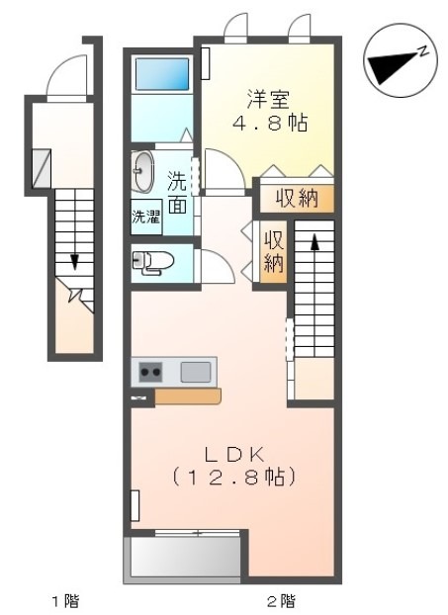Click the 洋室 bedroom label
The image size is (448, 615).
coord(268,100)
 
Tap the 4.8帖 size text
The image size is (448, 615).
coord(270,123)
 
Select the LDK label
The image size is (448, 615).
coord(233,455)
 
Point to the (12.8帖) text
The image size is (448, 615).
coord(233,477)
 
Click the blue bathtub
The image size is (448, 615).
coord(162,74)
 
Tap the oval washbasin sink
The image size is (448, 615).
coord(142,172)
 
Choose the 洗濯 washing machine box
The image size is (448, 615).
coord(146,218)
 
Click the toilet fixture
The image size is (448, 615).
coord(152,261)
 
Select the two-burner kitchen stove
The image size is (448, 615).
coord(151,372)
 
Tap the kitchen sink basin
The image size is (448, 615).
coord(196,372)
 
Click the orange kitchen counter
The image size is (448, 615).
coord(188,396)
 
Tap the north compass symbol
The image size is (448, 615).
coord(401,60)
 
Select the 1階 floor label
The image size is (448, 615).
coord(66,600)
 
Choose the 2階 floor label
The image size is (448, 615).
coord(282,600)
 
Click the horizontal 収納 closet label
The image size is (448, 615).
coord(297,198)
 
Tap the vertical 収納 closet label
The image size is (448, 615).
coord(273,252)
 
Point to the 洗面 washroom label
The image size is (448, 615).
coord(177,193)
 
